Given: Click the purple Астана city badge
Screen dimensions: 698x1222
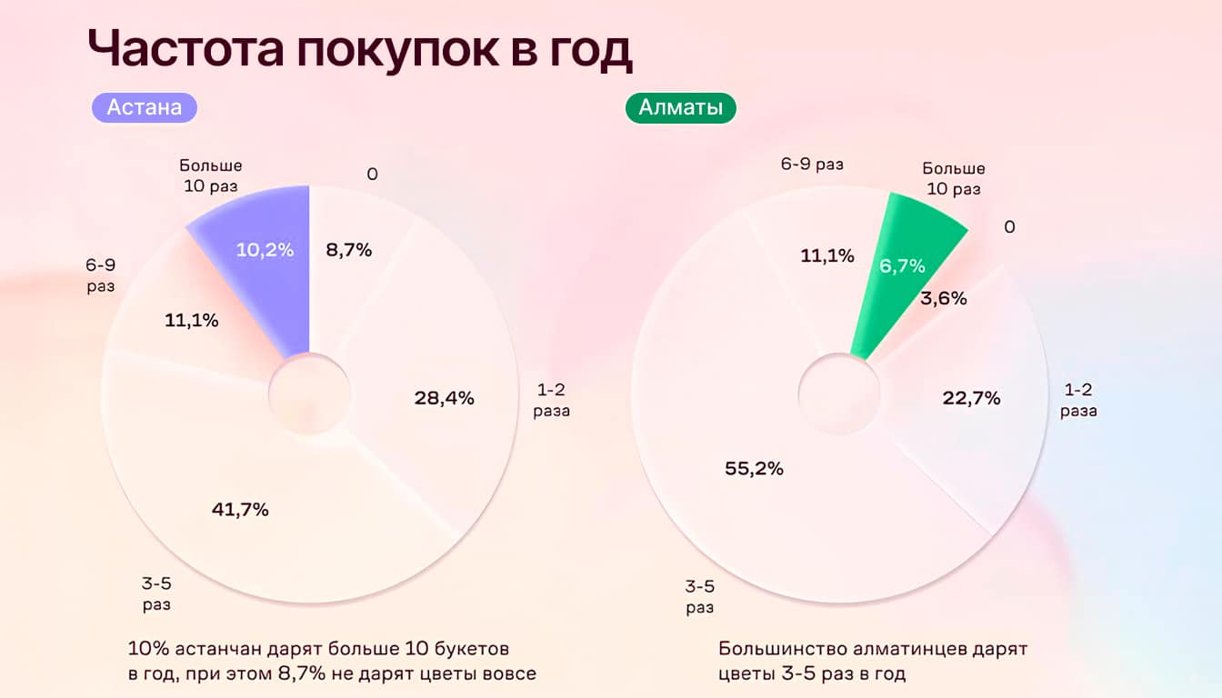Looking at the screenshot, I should click(145, 107).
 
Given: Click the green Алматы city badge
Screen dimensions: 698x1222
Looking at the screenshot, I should click(680, 107).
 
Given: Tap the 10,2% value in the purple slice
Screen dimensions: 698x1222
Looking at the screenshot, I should click(265, 250).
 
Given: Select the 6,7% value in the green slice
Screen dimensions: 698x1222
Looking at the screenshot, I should click(902, 265).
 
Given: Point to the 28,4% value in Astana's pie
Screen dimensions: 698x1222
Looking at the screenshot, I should click(444, 398).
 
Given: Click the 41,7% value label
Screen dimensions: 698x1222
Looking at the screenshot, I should click(240, 510).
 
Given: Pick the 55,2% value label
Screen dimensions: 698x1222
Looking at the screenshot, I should click(754, 469).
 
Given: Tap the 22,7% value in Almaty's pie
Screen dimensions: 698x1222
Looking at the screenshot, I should click(970, 398).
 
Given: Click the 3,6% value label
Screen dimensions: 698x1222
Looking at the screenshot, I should click(943, 298).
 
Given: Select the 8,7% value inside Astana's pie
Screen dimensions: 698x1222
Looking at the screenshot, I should click(349, 250).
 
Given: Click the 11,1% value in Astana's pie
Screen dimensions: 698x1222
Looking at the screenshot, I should click(191, 320).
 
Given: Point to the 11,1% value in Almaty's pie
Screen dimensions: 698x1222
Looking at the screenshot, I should click(826, 256).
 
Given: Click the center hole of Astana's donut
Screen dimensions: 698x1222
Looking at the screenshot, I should click(309, 394).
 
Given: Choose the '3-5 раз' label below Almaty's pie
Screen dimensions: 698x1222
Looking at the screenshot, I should click(699, 597).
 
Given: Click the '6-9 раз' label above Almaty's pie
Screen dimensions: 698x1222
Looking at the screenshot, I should click(812, 165).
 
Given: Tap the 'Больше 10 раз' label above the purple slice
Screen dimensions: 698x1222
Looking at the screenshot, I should click(211, 175).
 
